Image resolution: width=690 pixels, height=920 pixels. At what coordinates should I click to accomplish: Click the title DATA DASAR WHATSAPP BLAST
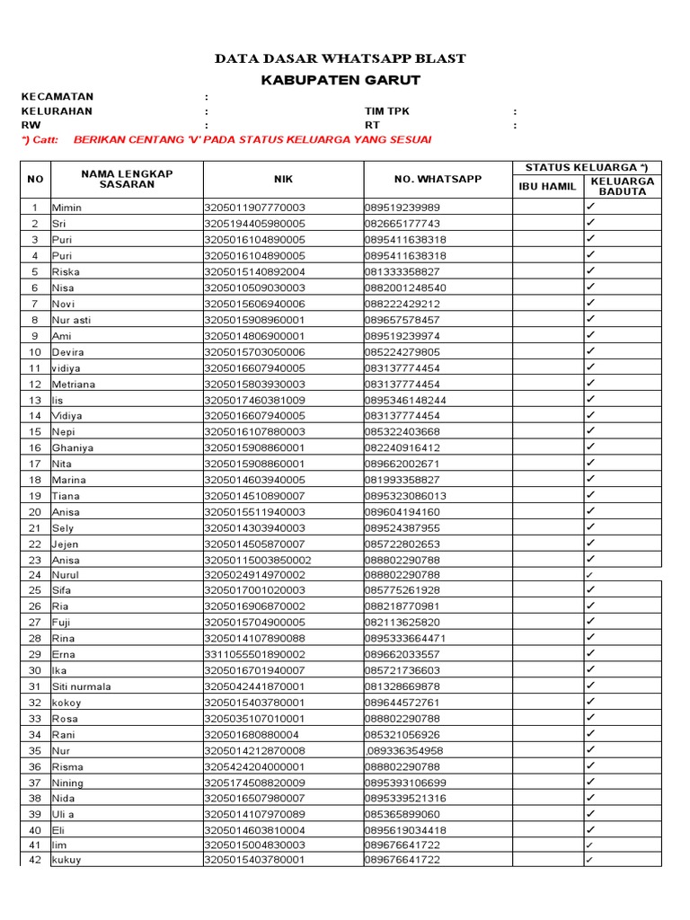(x=341, y=59)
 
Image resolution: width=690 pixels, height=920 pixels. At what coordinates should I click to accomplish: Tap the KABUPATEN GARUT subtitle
(x=341, y=81)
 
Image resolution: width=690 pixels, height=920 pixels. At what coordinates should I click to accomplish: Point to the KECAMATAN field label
(x=57, y=97)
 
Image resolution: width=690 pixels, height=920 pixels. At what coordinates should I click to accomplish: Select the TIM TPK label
(x=386, y=111)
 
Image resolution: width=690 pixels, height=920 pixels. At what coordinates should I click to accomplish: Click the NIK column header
(x=284, y=179)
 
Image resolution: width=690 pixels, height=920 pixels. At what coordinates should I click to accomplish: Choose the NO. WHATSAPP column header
(x=438, y=179)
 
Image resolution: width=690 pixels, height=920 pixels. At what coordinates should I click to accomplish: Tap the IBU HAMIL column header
(x=548, y=187)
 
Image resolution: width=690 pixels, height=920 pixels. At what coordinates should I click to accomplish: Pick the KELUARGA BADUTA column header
(x=623, y=187)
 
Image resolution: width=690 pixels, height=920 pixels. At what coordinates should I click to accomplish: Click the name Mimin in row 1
(x=67, y=208)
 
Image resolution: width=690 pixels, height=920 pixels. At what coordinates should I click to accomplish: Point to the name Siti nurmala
(x=82, y=686)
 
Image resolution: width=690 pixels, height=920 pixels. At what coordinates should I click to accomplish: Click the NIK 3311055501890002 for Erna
(x=255, y=655)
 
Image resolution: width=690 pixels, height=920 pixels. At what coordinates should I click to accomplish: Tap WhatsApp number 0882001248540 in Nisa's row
(x=405, y=288)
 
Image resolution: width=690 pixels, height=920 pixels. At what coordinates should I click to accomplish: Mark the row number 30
(x=35, y=670)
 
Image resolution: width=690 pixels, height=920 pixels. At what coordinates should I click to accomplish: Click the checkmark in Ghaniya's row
(x=591, y=447)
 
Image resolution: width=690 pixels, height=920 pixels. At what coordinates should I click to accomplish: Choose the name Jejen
(x=66, y=544)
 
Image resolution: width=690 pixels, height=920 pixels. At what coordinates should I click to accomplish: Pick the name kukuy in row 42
(x=66, y=861)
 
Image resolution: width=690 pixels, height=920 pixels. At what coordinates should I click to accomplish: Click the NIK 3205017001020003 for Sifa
(x=255, y=591)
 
